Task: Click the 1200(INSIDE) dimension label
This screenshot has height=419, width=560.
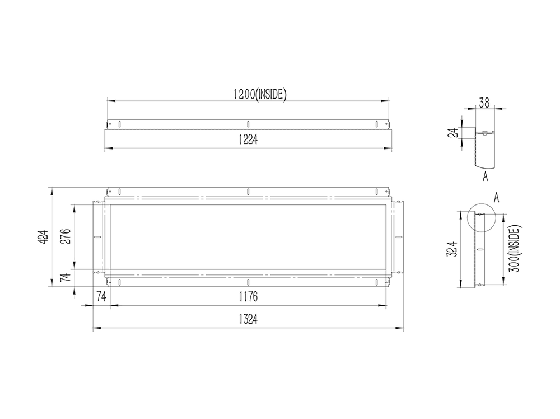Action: [x=260, y=94]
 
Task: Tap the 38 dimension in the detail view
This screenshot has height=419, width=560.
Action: [x=484, y=102]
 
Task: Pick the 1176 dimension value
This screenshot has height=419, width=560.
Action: [x=247, y=297]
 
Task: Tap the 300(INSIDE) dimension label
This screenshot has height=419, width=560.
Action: [x=514, y=249]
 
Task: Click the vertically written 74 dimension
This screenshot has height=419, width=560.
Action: [x=66, y=278]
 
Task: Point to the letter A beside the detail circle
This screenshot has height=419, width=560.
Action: [x=496, y=197]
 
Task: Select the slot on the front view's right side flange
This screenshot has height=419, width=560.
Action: [x=399, y=237]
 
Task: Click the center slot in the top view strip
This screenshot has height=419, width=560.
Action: [x=248, y=123]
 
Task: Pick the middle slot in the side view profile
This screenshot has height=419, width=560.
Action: [x=479, y=249]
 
